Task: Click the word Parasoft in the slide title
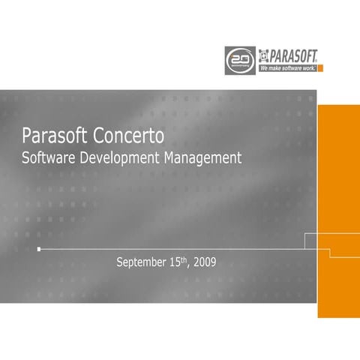tap(57, 137)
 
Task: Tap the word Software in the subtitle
tap(49, 158)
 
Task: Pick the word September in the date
tap(142, 263)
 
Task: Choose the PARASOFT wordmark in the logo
tap(293, 55)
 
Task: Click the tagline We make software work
tap(287, 67)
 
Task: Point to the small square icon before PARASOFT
tap(264, 55)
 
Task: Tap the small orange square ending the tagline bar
tap(320, 67)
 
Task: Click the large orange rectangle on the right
tap(338, 210)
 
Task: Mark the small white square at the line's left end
tap(39, 248)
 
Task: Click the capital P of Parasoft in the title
tap(28, 137)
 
